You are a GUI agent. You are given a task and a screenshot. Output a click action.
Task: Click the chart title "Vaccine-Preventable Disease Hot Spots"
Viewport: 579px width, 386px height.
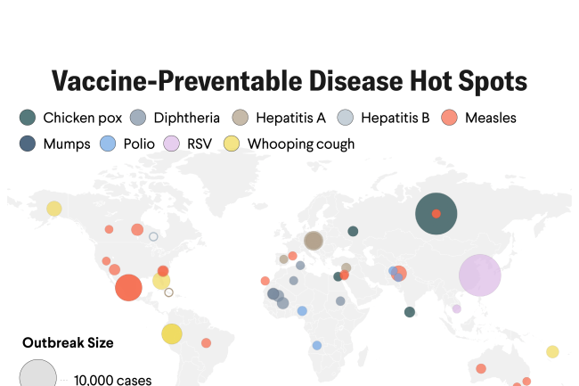289,80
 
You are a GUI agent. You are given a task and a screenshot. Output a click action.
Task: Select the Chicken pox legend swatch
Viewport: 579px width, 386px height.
28,118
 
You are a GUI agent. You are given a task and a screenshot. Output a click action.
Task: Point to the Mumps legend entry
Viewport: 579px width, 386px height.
55,144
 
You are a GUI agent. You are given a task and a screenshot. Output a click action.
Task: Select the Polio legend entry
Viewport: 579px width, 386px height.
128,144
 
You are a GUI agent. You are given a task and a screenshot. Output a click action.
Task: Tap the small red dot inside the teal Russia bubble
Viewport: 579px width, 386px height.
436,214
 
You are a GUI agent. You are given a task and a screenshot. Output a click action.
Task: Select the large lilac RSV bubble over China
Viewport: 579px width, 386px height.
480,275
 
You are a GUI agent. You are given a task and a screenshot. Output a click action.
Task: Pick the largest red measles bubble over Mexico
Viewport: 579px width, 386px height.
128,288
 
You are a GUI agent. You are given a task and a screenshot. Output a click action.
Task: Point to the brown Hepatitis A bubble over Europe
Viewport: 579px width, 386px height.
314,241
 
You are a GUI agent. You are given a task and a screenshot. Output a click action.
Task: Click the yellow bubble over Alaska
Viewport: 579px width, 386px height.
54,209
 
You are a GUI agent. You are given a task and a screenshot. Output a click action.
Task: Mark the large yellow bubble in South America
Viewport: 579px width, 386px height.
172,334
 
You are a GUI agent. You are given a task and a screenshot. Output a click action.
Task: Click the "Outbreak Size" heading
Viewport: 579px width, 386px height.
68,342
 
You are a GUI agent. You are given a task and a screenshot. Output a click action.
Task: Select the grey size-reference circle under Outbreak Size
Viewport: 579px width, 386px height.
38,375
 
